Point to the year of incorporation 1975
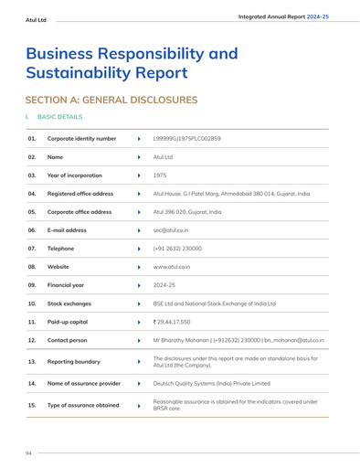[159, 175]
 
